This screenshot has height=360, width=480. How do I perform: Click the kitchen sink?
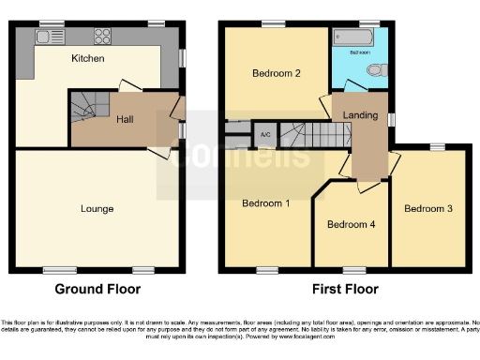(44, 37)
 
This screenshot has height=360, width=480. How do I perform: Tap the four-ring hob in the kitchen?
(101, 37)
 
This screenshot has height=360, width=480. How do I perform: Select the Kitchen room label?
(88, 59)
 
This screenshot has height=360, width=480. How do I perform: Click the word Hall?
(125, 119)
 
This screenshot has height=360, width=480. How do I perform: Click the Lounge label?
(97, 208)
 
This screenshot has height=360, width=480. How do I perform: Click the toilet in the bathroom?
(375, 70)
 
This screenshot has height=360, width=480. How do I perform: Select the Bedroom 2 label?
(276, 73)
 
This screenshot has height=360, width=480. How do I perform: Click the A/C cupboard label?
(265, 134)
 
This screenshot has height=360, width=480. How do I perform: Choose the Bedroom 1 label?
(265, 203)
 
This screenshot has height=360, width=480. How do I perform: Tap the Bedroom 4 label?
(350, 225)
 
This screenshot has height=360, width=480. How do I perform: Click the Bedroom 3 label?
(427, 208)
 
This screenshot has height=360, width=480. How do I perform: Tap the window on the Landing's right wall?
(393, 118)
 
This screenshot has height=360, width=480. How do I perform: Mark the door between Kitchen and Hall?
(127, 87)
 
